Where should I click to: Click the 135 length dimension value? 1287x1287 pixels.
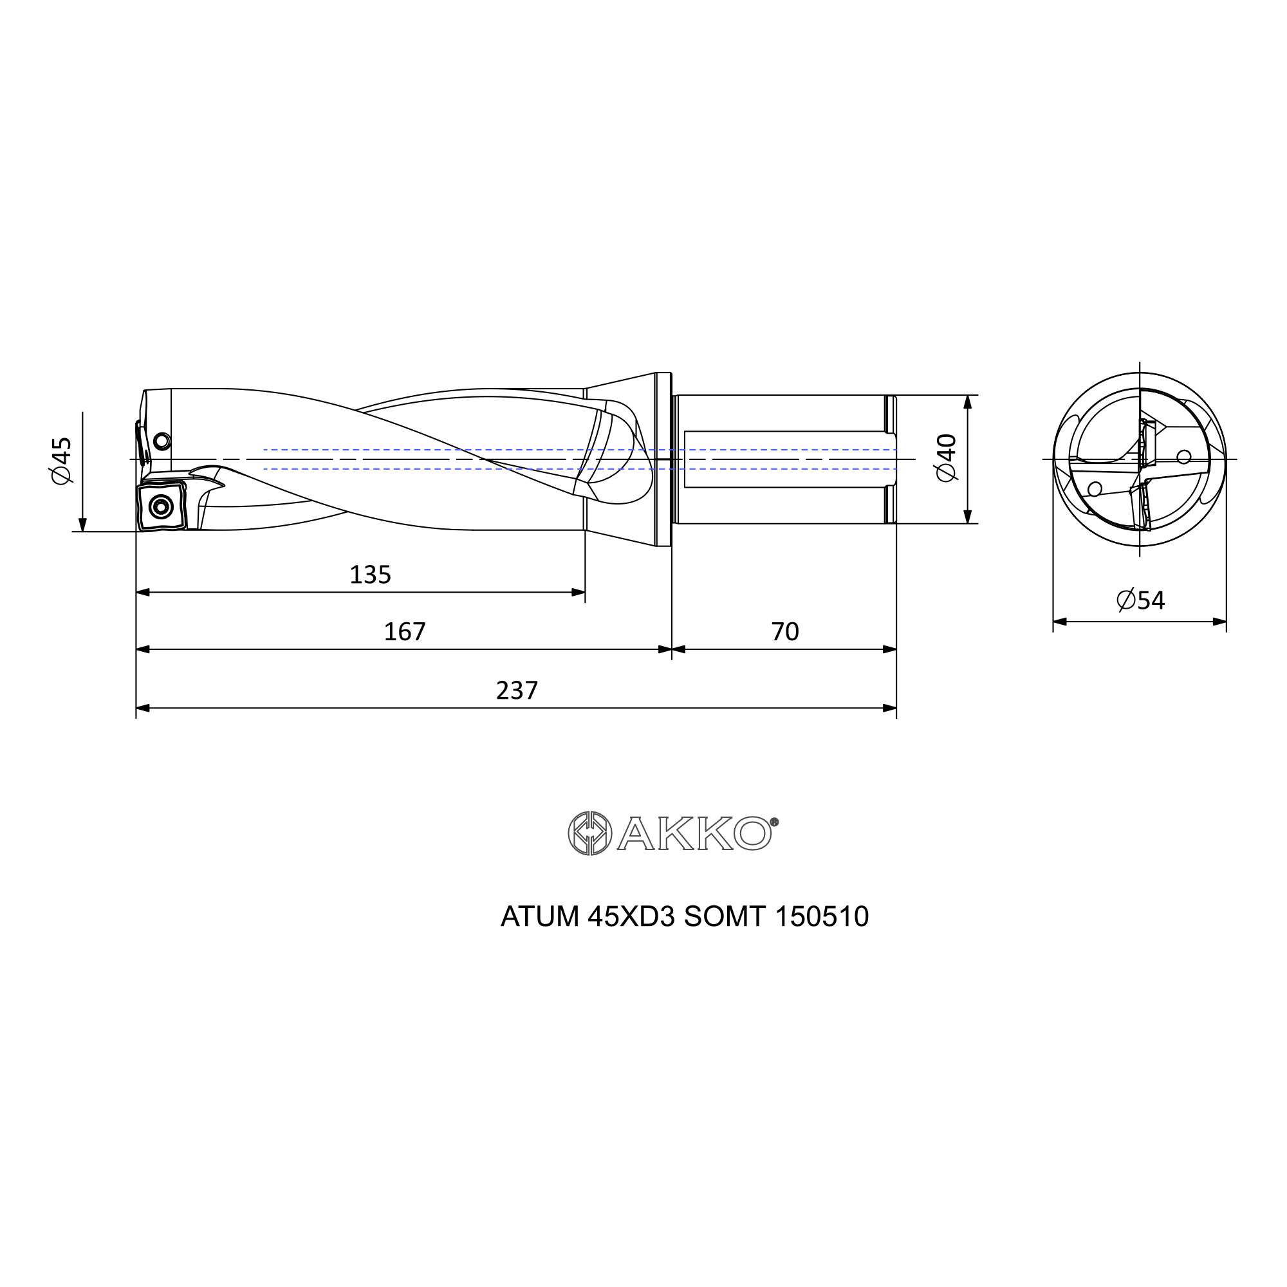pyautogui.click(x=371, y=575)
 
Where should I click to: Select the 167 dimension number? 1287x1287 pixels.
pyautogui.click(x=404, y=631)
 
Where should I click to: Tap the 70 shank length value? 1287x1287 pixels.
pyautogui.click(x=784, y=631)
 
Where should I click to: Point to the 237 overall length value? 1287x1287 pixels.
pyautogui.click(x=517, y=690)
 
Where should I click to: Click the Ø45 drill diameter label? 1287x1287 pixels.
pyautogui.click(x=61, y=461)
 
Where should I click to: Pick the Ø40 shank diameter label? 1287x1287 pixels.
pyautogui.click(x=946, y=458)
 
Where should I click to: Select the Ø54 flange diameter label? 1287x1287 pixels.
pyautogui.click(x=1140, y=601)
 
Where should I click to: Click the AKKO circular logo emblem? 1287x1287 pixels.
pyautogui.click(x=589, y=833)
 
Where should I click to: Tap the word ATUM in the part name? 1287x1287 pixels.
pyautogui.click(x=540, y=917)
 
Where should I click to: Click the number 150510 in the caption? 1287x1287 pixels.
pyautogui.click(x=822, y=917)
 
